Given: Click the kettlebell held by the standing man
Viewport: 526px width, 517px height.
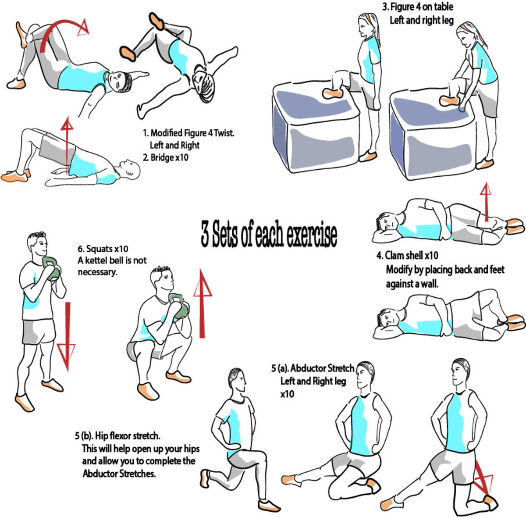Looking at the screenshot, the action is (x=51, y=268).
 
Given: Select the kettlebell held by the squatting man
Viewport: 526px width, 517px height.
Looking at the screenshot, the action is (x=179, y=306).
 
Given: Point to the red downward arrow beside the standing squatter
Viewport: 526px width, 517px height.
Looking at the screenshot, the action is (x=66, y=336).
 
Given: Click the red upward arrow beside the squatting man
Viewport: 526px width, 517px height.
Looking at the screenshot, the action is (x=202, y=303).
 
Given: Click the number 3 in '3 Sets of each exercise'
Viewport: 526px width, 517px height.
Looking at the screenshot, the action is (x=205, y=233).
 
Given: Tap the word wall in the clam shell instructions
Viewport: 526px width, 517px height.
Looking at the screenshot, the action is (x=430, y=284).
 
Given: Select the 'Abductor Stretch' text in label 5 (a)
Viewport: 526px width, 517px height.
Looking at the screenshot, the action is (x=322, y=368).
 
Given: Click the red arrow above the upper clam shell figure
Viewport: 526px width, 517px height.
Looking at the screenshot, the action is (x=486, y=202).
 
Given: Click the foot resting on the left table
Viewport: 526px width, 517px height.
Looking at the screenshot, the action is (x=332, y=93).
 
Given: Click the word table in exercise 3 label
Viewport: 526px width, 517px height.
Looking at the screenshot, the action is (x=444, y=7).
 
